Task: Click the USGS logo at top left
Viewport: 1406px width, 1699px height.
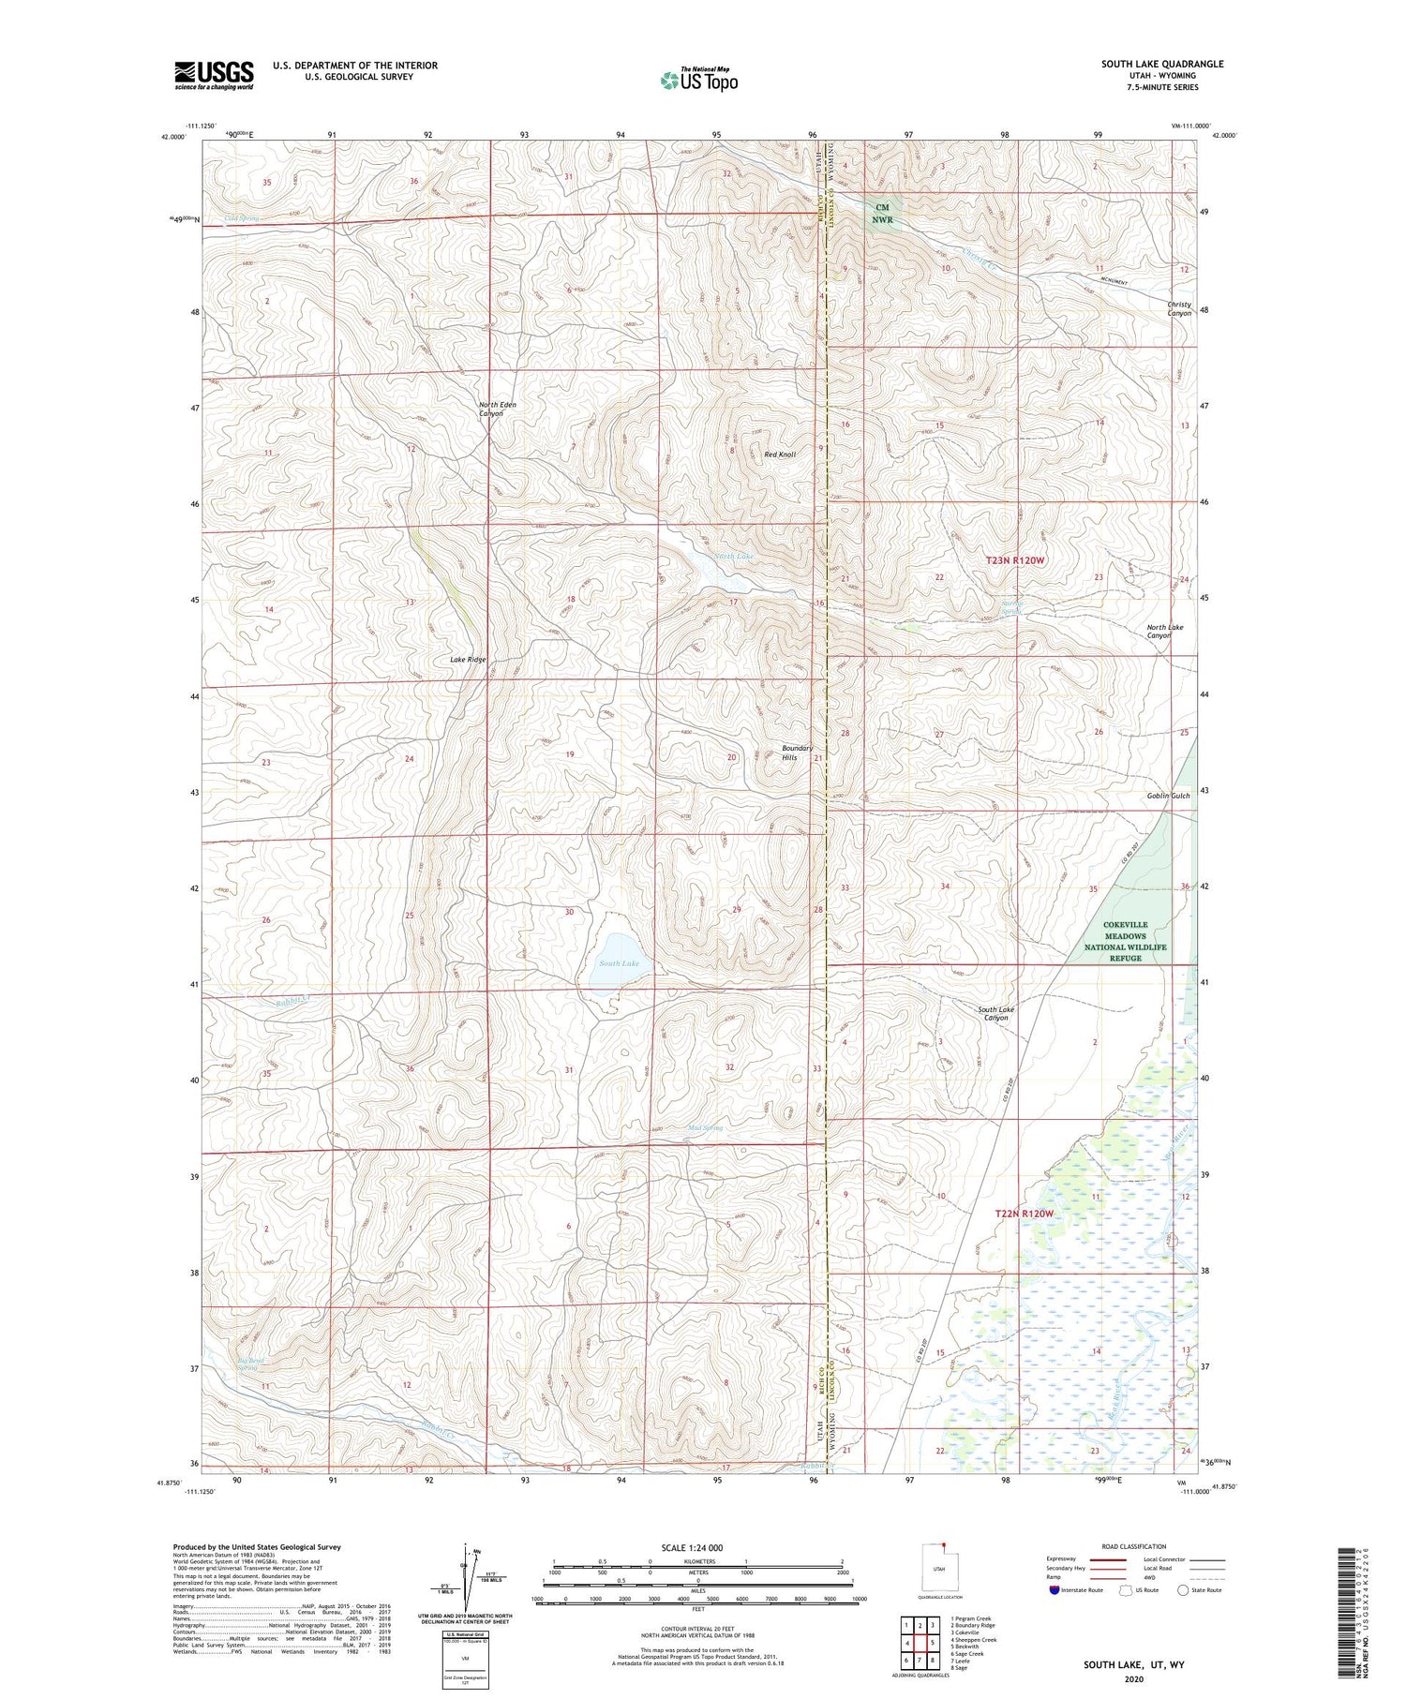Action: tap(214, 75)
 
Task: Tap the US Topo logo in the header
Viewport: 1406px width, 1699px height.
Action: tap(698, 80)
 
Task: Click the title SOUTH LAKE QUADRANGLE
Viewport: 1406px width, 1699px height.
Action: tap(1161, 64)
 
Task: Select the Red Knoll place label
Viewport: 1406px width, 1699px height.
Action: tap(780, 455)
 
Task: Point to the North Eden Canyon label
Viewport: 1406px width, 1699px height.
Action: tap(497, 409)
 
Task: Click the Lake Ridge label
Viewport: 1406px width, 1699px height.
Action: tap(468, 660)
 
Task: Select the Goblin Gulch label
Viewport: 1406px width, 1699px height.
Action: tap(1168, 796)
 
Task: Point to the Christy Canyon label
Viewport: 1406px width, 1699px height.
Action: tap(1178, 308)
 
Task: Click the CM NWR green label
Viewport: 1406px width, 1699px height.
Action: tap(882, 214)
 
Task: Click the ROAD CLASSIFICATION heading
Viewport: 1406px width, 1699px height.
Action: tap(1134, 1546)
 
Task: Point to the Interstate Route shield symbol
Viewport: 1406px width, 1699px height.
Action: tap(1054, 1590)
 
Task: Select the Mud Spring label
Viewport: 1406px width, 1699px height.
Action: tap(705, 1128)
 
